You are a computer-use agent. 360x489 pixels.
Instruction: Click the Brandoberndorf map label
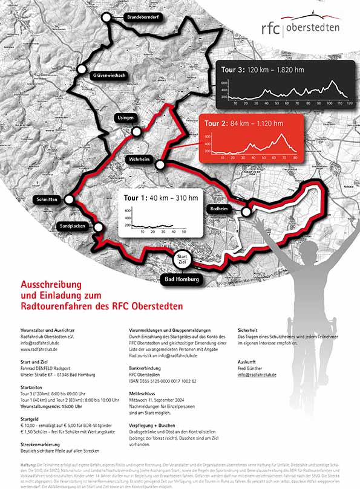tap(142, 18)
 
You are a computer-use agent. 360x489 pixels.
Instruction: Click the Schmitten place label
tap(47, 199)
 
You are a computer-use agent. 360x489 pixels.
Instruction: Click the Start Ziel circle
tap(181, 261)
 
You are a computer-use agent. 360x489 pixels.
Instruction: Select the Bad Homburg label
tap(182, 280)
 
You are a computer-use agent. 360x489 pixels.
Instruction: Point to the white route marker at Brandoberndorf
tap(107, 18)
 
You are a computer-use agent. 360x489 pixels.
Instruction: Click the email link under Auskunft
tap(257, 375)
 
